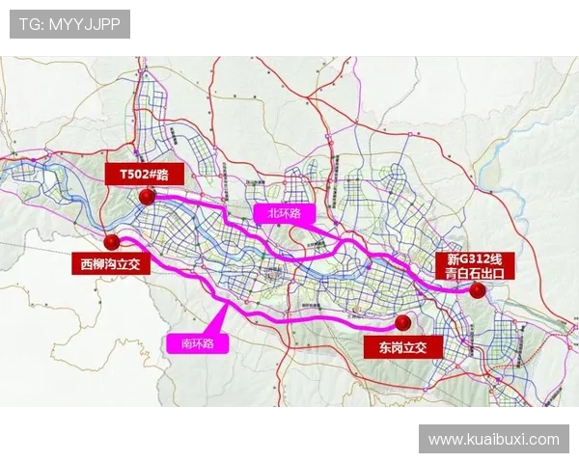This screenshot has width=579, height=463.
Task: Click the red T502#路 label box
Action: click(x=144, y=175)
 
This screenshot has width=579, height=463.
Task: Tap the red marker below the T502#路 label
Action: click(x=147, y=197)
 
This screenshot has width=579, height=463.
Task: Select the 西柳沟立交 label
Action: click(x=110, y=262)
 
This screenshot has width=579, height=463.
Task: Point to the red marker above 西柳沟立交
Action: click(x=113, y=241)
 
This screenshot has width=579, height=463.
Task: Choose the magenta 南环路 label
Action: click(x=203, y=342)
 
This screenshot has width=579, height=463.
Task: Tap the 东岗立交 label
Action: click(x=402, y=345)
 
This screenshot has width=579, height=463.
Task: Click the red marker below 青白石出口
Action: click(x=477, y=289)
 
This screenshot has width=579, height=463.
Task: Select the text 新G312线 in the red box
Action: click(x=476, y=258)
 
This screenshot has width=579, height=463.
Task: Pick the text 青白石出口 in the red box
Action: click(x=476, y=273)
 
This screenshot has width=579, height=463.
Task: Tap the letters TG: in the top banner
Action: click(x=31, y=24)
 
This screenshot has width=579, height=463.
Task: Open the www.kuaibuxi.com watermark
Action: click(x=493, y=439)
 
